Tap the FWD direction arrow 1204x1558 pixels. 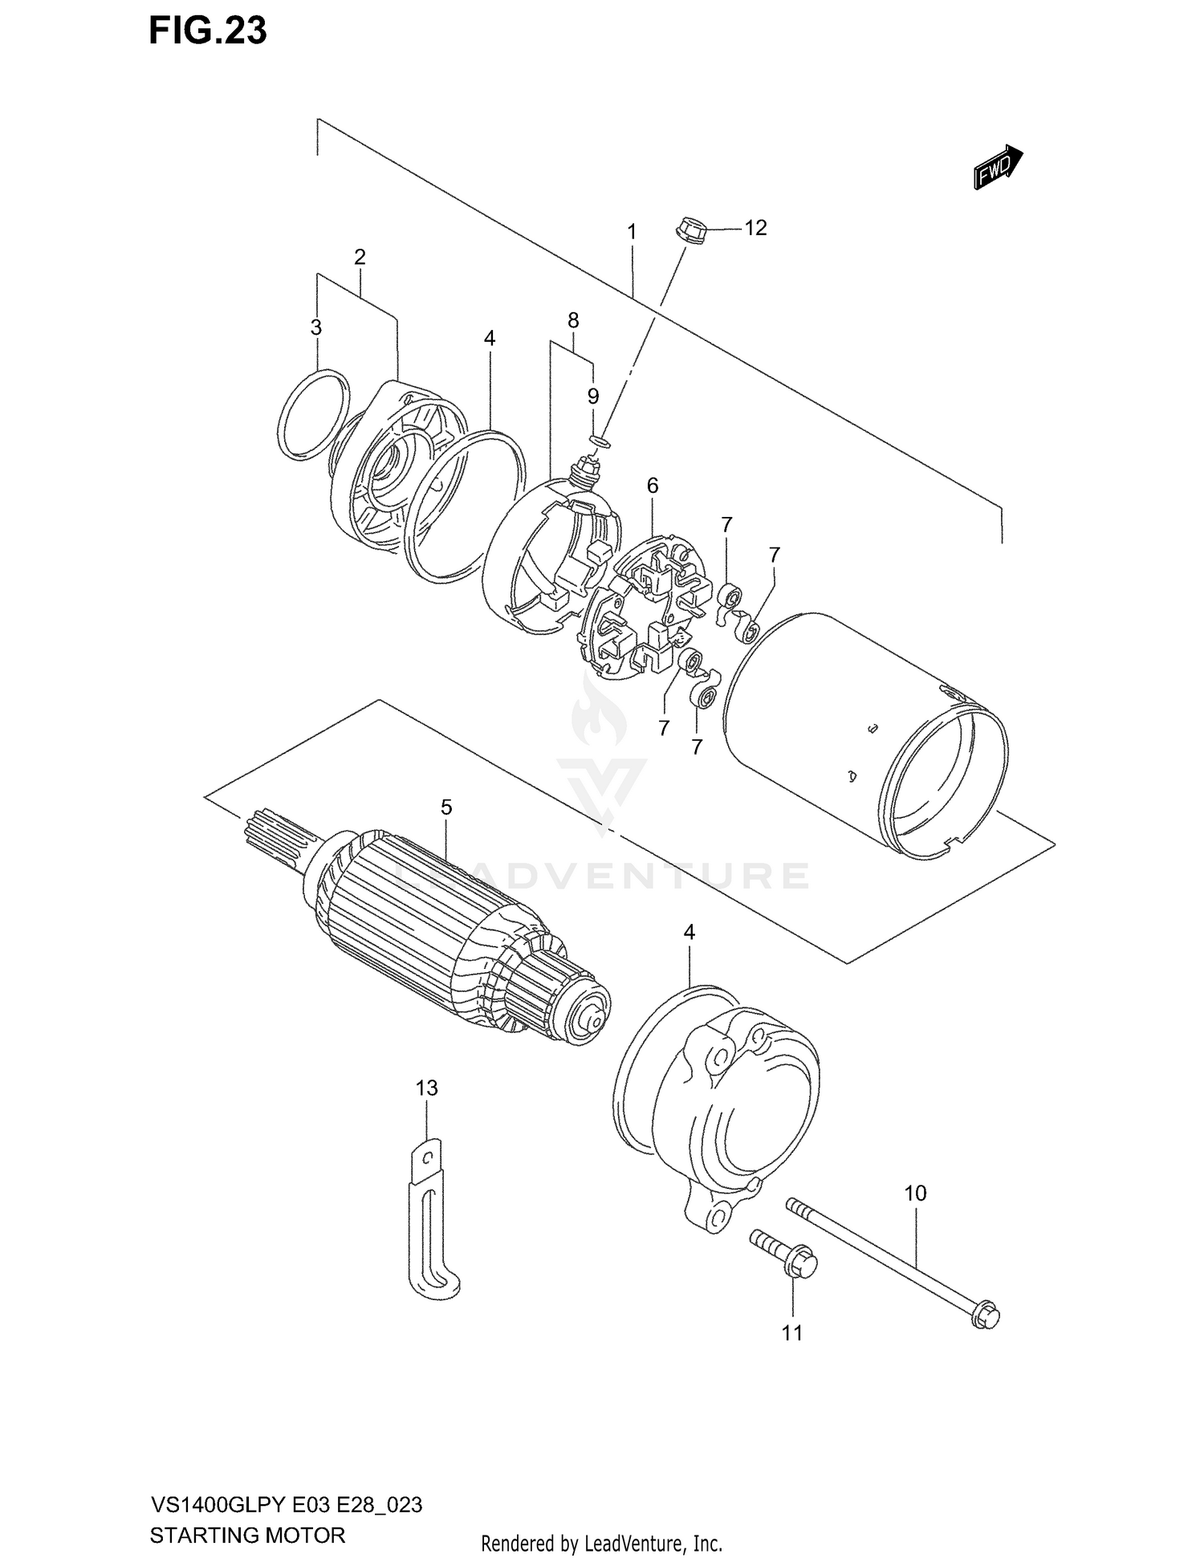(998, 167)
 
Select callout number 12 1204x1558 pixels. (755, 228)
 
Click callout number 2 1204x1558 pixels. (360, 258)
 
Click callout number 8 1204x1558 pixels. (573, 321)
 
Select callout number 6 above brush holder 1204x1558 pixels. (653, 485)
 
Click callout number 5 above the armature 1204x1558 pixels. (446, 807)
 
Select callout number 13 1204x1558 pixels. (427, 1088)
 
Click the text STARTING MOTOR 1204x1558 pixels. (247, 1535)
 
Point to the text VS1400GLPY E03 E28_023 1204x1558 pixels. (286, 1504)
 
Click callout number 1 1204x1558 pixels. (632, 232)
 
